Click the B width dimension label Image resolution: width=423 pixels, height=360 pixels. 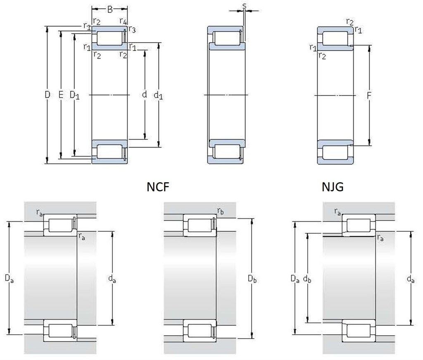110,10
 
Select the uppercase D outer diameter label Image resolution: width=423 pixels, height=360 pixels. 48,95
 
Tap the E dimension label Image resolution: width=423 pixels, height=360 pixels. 61,95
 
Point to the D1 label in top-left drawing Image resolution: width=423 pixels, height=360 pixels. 75,95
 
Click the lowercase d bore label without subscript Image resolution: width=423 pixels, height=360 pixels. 144,95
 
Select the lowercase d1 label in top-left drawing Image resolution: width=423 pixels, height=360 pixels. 158,95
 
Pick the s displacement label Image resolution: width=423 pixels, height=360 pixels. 244,5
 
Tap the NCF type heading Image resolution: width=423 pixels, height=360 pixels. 158,187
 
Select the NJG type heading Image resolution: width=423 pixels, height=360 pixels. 333,187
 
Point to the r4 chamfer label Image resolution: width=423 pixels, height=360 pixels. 123,21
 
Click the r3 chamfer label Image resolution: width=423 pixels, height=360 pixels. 132,29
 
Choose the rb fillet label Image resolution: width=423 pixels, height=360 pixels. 221,212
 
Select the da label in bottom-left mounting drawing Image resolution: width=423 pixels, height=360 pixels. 112,279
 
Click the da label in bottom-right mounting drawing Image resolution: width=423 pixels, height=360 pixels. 410,279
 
